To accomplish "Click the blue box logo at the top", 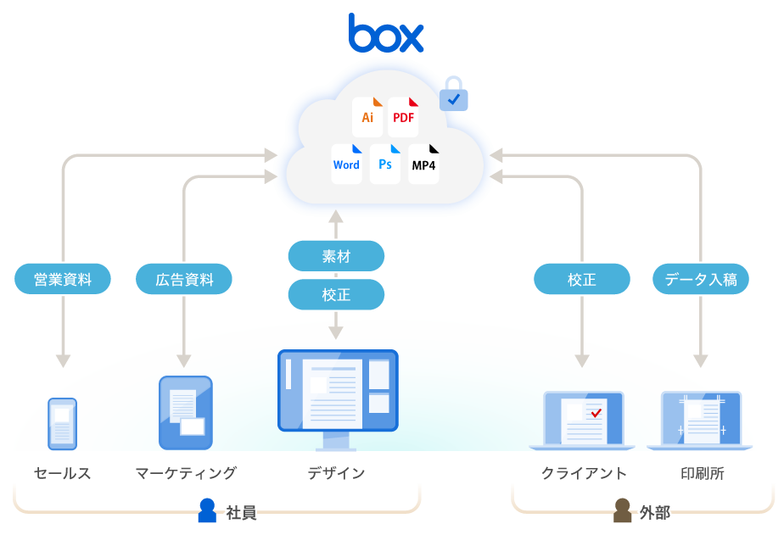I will [x=386, y=34].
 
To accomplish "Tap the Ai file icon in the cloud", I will [x=367, y=117].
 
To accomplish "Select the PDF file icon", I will [x=404, y=117].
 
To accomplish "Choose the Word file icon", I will [x=346, y=164].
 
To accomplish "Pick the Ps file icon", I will [x=385, y=164].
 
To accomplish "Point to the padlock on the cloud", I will [x=454, y=95].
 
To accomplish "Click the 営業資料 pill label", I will [x=63, y=279].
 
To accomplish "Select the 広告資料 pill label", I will [x=184, y=279].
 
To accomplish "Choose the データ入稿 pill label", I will [x=701, y=279].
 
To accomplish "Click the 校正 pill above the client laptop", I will [x=582, y=279].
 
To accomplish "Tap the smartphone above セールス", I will [x=62, y=423].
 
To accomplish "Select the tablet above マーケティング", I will [x=186, y=413].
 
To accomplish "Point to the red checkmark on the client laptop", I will [x=596, y=413].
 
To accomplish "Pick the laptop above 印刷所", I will [x=701, y=419].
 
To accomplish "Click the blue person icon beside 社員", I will [x=207, y=510].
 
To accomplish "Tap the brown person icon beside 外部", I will [x=622, y=510].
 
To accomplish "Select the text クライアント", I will [x=584, y=473].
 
